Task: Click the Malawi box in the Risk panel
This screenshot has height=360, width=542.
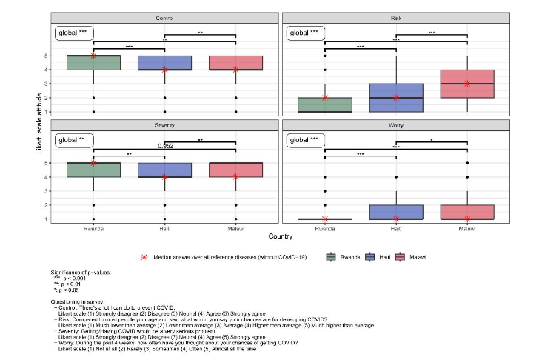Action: (x=467, y=84)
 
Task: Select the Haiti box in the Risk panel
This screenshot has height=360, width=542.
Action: (x=396, y=98)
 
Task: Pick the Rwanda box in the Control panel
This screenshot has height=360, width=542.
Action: (x=93, y=63)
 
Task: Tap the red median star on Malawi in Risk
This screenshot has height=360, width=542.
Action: (x=467, y=84)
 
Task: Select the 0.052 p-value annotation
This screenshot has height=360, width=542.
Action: (x=164, y=146)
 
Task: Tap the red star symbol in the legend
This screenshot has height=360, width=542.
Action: (x=144, y=256)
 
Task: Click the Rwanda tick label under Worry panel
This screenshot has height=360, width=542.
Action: (x=325, y=229)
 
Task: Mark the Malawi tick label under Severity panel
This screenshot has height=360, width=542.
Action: (x=235, y=229)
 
